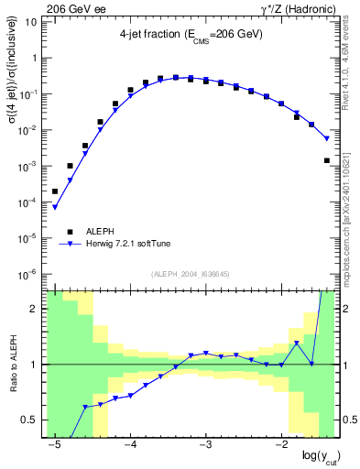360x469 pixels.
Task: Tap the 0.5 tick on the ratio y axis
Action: [x=31, y=420]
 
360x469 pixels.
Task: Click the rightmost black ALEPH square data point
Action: [x=327, y=160]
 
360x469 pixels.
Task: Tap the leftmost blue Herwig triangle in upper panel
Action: [x=55, y=208]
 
